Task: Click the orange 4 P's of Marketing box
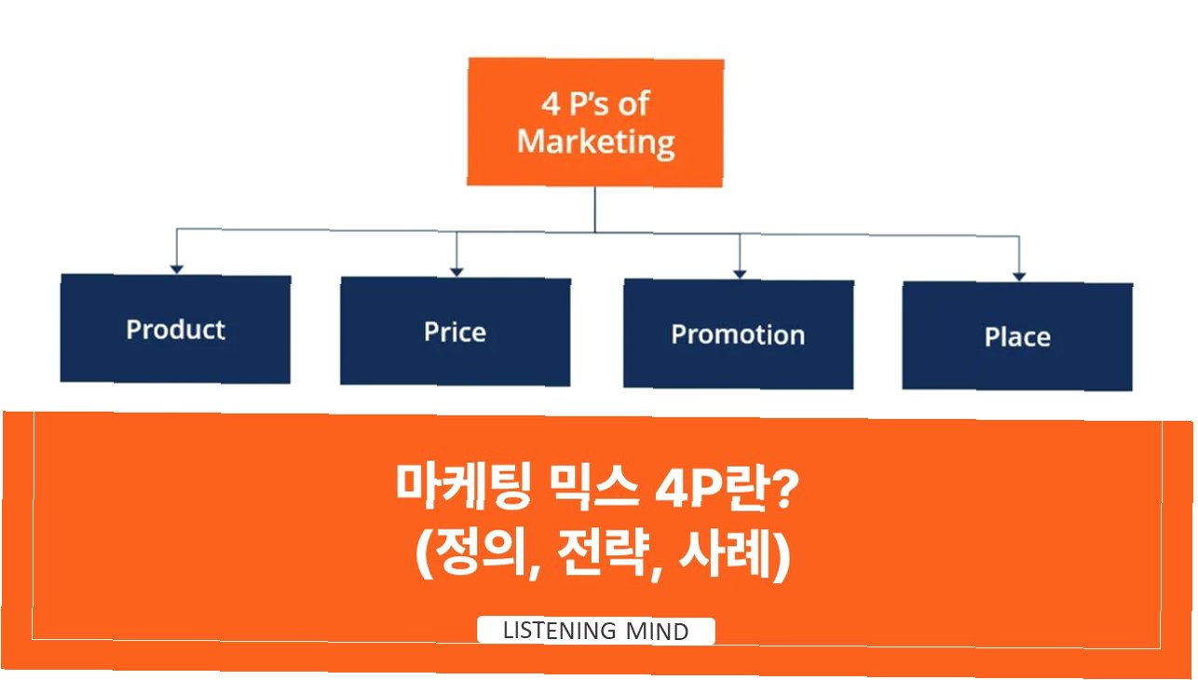coord(595,122)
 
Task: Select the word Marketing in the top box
coord(596,143)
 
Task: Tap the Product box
coord(175,329)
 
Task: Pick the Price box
coord(456,332)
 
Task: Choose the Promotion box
coord(739,334)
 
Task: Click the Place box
coord(1017,336)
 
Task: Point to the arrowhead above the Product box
coord(176,269)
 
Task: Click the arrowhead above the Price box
coord(456,272)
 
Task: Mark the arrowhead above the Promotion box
coord(740,274)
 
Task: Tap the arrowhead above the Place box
coord(1019,277)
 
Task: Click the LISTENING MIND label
coord(596,631)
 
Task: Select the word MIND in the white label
coord(657,632)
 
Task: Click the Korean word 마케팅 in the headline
coord(463,485)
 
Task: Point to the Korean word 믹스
coord(593,485)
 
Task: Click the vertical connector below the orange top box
coord(595,210)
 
